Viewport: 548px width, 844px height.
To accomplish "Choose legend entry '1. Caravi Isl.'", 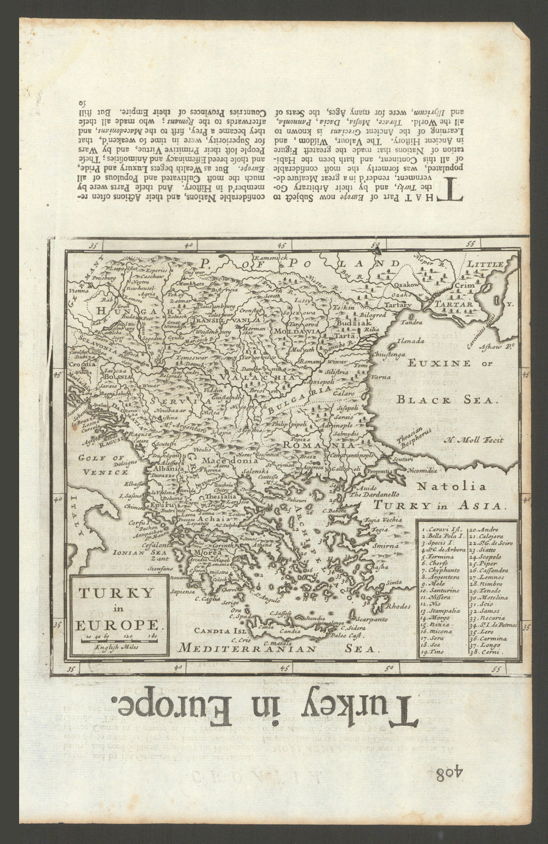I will [442, 529].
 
